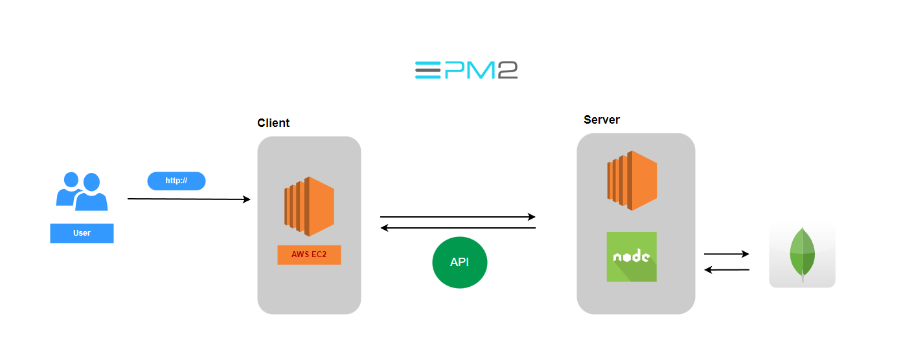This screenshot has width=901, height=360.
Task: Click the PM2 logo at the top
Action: [466, 70]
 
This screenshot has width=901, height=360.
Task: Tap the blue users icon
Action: [82, 192]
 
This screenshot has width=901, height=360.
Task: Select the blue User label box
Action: [82, 233]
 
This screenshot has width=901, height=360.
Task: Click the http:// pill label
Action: [176, 181]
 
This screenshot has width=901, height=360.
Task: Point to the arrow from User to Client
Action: [188, 199]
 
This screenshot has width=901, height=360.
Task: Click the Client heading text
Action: [273, 123]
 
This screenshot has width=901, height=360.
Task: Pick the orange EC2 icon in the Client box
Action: [309, 206]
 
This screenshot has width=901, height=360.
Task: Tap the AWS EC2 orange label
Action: [309, 254]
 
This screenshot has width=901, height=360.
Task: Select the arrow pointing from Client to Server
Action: [457, 217]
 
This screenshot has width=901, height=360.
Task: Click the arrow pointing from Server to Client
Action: [457, 228]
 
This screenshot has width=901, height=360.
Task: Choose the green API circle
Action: [460, 263]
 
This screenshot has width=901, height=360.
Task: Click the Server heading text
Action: [602, 120]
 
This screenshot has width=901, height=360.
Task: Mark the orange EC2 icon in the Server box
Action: [632, 181]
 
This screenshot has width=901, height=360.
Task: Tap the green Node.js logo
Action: [632, 256]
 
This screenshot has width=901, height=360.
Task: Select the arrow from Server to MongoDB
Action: [726, 254]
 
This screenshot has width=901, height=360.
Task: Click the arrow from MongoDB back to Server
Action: [726, 269]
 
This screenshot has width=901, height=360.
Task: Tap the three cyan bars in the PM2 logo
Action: [428, 70]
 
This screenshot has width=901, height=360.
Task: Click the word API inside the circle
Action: [460, 263]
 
